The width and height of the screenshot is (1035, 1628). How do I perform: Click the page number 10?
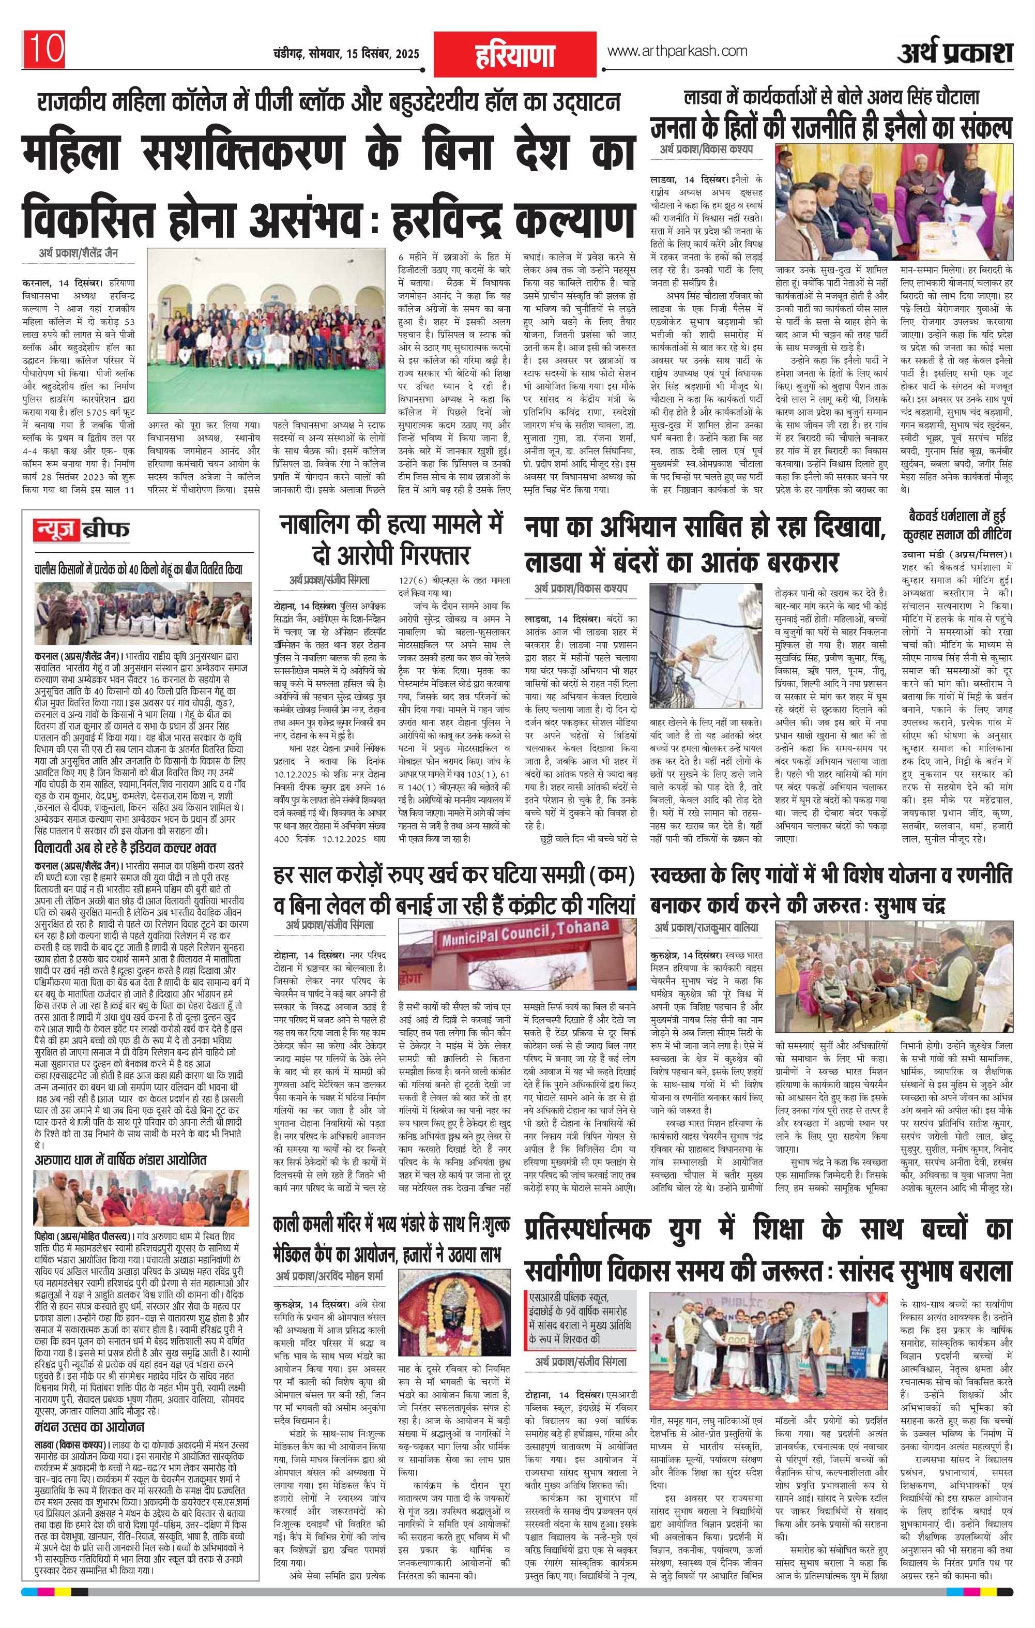[x=45, y=48]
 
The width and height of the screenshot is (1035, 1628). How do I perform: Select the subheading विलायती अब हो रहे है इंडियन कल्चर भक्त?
[x=125, y=848]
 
